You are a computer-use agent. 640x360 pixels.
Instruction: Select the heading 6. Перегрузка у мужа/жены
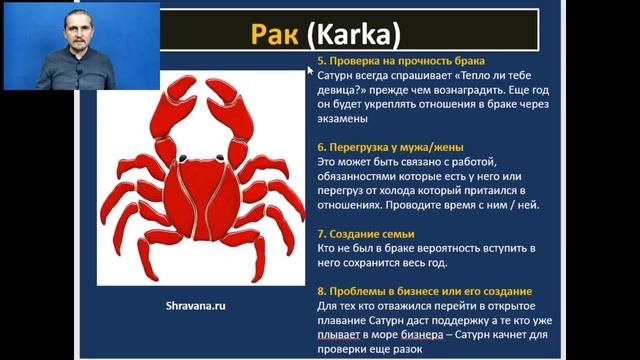click(381, 146)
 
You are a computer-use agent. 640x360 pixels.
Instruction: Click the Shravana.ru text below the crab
click(198, 307)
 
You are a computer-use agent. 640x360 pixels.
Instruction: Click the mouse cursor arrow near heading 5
click(311, 70)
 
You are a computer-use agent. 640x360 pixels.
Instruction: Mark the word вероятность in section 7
click(451, 246)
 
